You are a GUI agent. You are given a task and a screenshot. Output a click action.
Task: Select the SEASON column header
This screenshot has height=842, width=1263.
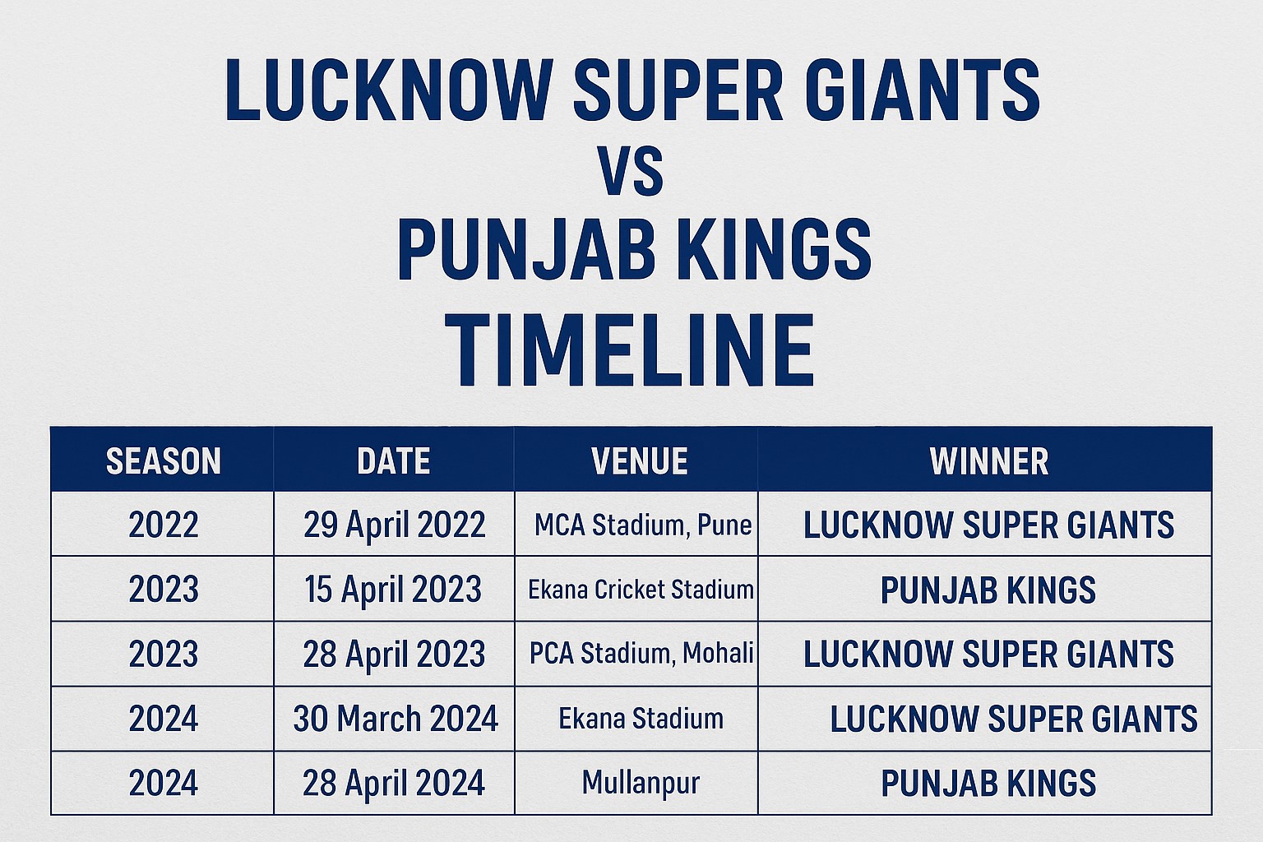coord(163,461)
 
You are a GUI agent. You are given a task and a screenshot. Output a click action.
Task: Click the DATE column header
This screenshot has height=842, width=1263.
coord(393,461)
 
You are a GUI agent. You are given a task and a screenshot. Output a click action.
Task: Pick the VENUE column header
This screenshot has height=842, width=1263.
coord(639,461)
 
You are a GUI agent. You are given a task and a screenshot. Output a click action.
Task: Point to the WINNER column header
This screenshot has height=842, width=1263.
coord(988,461)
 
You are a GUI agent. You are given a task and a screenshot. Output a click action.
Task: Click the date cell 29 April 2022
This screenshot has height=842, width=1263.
coord(394,525)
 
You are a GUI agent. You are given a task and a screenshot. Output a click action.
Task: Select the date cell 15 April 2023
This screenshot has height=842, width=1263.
coord(392,590)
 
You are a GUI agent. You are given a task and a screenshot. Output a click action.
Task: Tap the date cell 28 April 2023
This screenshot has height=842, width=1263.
coord(394,655)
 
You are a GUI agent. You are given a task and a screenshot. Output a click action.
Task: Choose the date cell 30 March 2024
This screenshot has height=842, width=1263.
coord(396,719)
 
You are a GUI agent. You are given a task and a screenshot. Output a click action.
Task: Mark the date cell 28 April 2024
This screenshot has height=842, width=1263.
coord(393,783)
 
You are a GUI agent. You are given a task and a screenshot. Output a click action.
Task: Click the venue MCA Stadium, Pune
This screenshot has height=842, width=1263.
coord(642,525)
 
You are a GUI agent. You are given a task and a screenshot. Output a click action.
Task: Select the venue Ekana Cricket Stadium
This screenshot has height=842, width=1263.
coord(641,590)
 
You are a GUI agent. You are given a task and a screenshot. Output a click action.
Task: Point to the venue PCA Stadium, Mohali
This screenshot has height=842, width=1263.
coord(641,654)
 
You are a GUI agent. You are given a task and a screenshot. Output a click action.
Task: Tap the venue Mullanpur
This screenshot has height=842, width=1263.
coord(641,782)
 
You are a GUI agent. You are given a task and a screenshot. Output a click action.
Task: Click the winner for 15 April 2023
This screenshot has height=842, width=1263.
coord(988,590)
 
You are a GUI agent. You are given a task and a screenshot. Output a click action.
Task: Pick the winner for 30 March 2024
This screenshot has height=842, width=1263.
coord(1013,719)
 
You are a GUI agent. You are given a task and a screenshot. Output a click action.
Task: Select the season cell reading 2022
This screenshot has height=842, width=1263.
coord(163,525)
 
